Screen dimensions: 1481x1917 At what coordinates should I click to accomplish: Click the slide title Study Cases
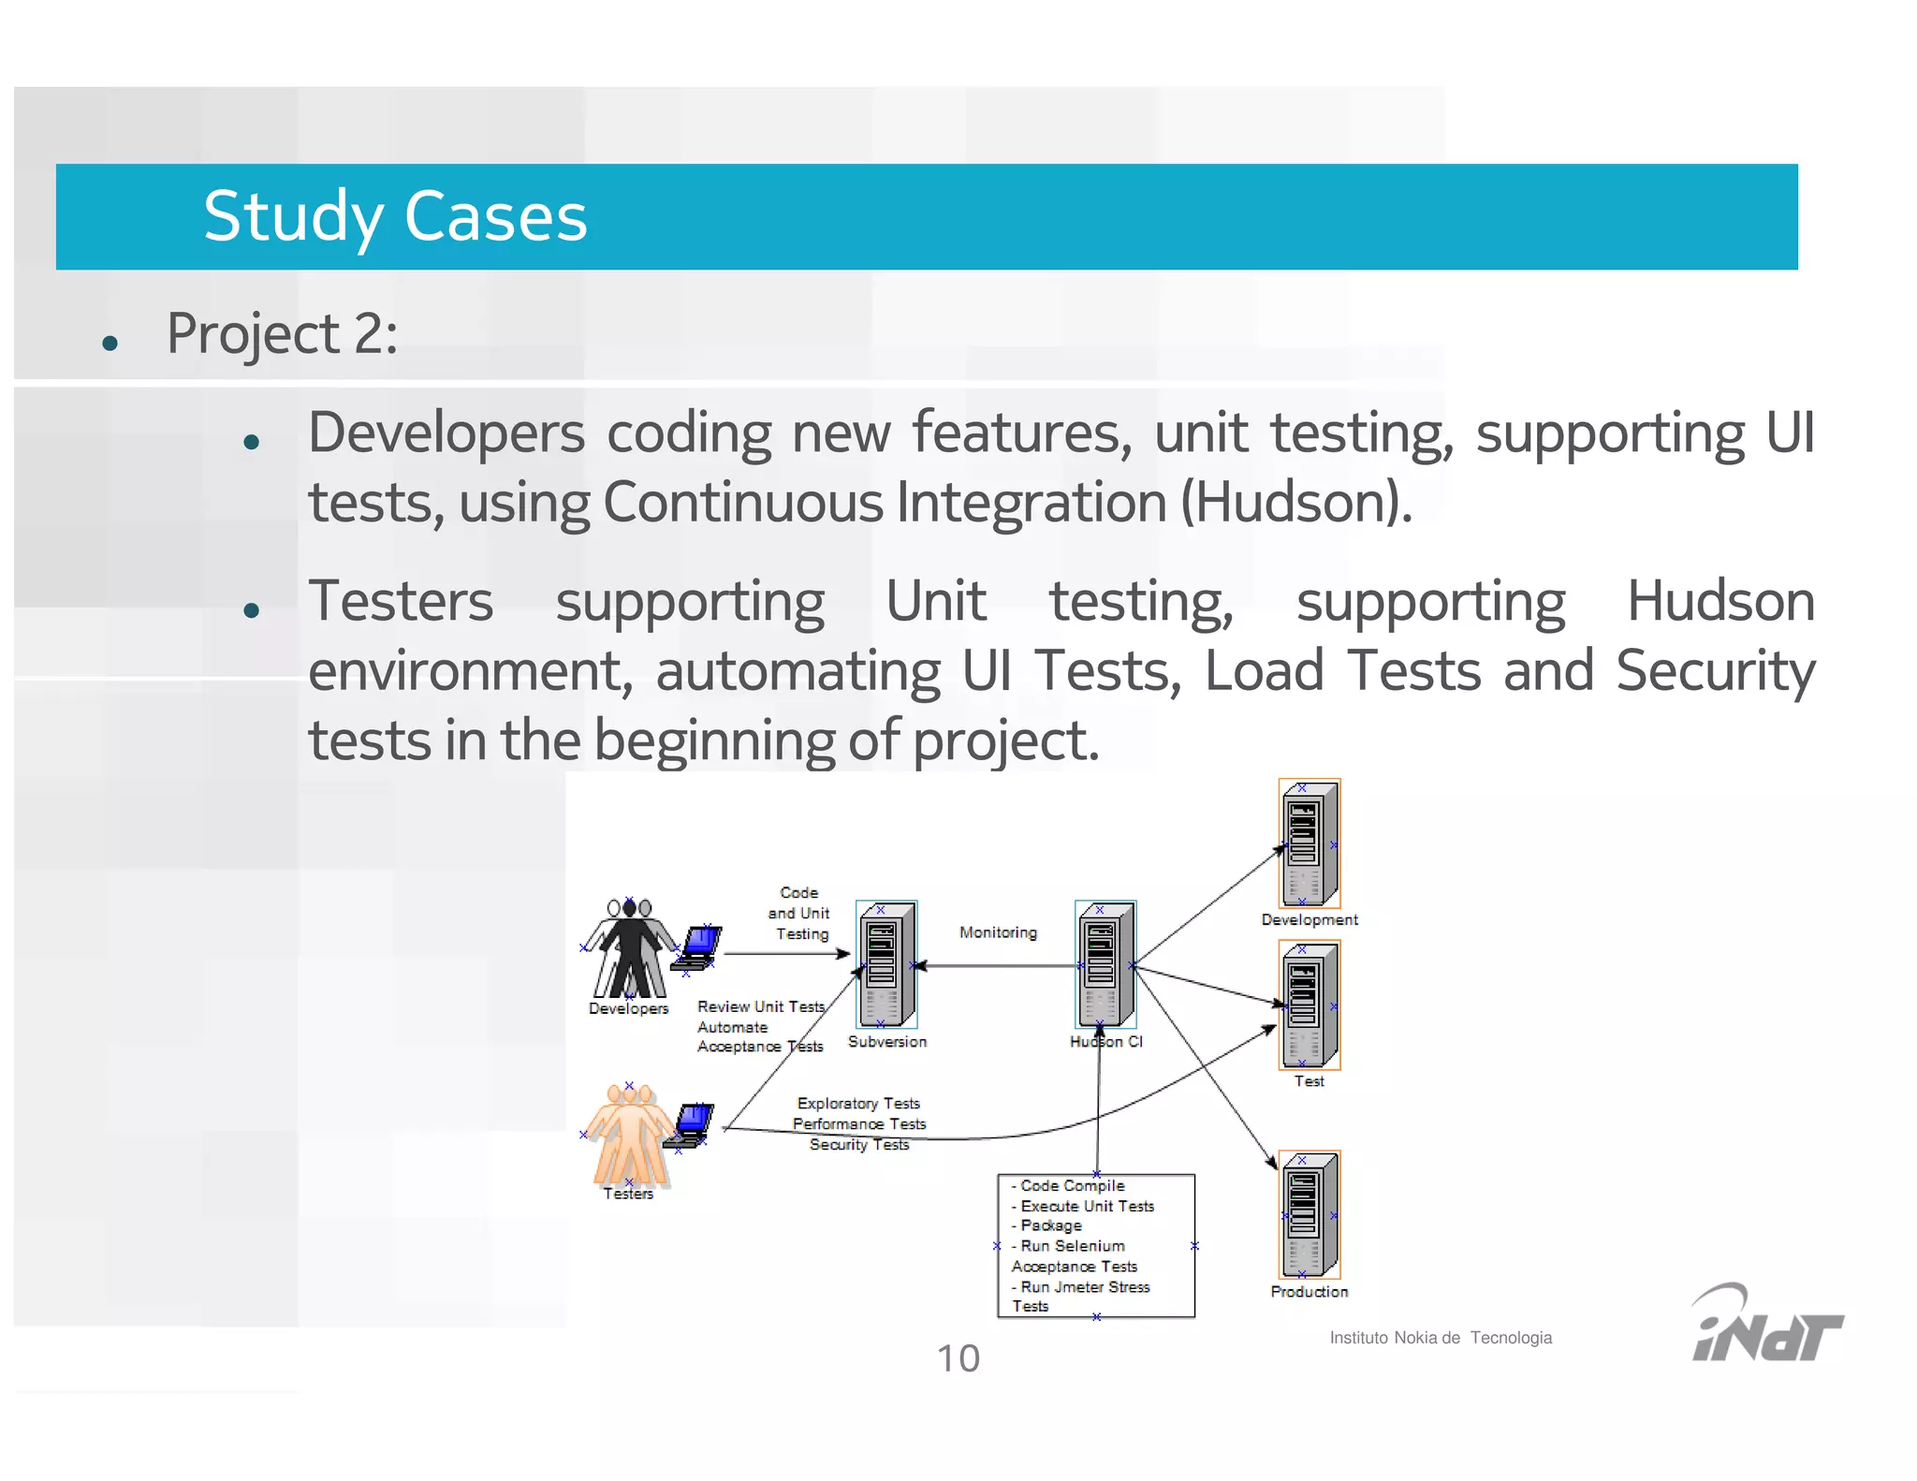395,217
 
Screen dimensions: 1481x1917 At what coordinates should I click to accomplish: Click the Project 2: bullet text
282,333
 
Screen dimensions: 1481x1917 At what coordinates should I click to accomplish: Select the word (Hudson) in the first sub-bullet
1295,503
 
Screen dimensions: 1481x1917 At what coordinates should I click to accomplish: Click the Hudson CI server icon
1105,964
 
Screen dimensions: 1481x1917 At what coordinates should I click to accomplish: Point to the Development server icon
1309,843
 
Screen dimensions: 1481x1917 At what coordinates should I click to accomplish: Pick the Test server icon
1309,1004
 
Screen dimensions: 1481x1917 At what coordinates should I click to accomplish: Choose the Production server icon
1309,1214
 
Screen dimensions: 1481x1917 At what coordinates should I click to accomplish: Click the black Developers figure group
629,947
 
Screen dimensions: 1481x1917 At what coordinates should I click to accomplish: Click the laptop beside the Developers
699,947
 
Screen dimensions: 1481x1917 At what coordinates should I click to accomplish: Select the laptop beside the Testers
691,1123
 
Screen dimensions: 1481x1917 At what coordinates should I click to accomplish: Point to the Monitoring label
998,932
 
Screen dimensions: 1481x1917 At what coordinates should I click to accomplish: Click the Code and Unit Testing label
799,913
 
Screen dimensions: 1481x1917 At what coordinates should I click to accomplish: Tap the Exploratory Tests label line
858,1104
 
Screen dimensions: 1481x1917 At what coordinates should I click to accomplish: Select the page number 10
958,1358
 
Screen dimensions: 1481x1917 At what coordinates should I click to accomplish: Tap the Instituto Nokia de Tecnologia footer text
1441,1338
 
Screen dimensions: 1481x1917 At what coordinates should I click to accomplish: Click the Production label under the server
1309,1292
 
